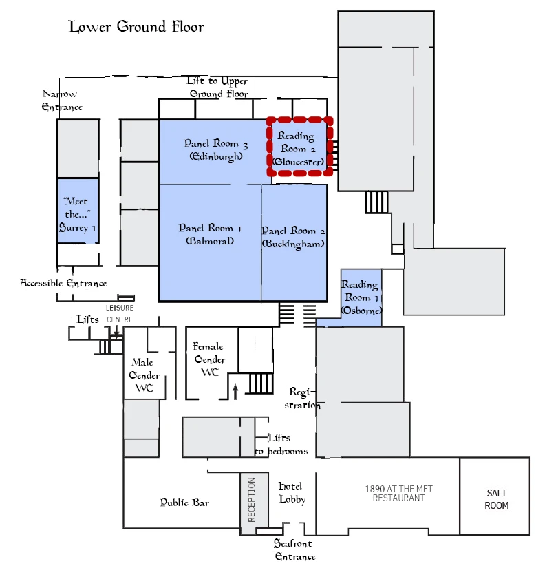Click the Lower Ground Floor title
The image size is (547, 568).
[x=136, y=27]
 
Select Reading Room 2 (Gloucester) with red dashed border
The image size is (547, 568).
[x=299, y=148]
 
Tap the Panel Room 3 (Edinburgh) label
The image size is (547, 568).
[x=215, y=150]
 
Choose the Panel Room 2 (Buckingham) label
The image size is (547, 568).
[x=293, y=237]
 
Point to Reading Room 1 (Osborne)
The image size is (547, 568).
[x=361, y=297]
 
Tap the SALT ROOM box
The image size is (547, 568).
[x=495, y=499]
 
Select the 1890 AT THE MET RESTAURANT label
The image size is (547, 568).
[x=398, y=493]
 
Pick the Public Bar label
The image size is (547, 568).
[x=184, y=503]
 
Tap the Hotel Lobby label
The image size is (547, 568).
[x=291, y=492]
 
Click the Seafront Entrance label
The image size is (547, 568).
[x=294, y=550]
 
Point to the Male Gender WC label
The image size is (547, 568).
[x=144, y=375]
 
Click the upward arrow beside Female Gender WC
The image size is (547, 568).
[x=235, y=391]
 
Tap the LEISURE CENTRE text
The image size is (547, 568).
[x=119, y=313]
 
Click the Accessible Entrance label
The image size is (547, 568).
[x=63, y=283]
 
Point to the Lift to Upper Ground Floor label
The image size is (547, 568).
[x=218, y=87]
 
